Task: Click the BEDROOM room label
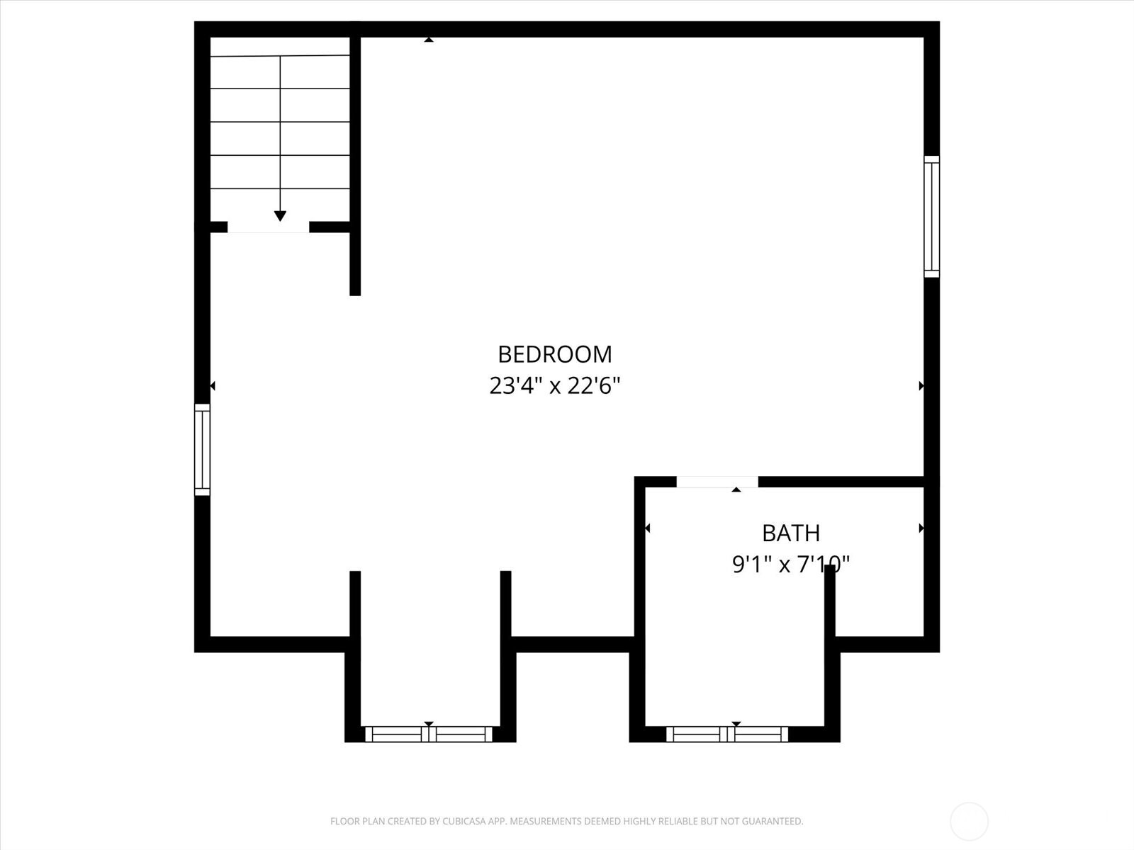click(x=554, y=354)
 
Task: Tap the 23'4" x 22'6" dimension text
click(x=554, y=386)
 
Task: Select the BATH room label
click(x=791, y=533)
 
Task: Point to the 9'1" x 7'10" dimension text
click(x=790, y=565)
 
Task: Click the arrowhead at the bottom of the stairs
click(x=280, y=216)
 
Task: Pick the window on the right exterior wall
click(x=931, y=216)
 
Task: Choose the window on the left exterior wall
click(x=203, y=449)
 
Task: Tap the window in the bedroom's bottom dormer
click(x=429, y=734)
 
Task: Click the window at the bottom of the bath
click(x=727, y=734)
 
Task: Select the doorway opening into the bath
click(x=717, y=482)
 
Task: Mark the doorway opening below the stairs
click(x=268, y=227)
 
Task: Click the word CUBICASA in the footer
click(x=464, y=822)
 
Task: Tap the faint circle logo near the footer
click(x=969, y=822)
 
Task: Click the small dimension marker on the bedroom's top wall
click(x=429, y=40)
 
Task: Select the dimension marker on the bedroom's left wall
click(x=213, y=386)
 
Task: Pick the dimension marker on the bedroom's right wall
click(x=921, y=386)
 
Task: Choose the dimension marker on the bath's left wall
click(x=647, y=528)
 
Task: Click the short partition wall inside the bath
click(x=830, y=602)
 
